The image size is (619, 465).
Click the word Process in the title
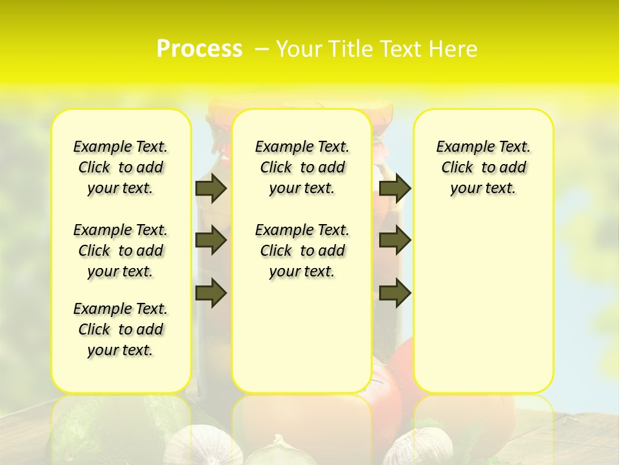pyautogui.click(x=199, y=49)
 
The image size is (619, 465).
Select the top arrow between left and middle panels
pyautogui.click(x=211, y=189)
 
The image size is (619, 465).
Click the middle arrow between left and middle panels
pyautogui.click(x=211, y=240)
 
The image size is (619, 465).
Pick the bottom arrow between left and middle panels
pyautogui.click(x=211, y=294)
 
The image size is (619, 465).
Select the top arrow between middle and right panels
pyautogui.click(x=395, y=189)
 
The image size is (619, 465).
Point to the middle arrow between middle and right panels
pyautogui.click(x=395, y=240)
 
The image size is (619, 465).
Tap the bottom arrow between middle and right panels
pyautogui.click(x=395, y=294)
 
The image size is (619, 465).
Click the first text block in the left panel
pyautogui.click(x=121, y=167)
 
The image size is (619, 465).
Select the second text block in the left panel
pyautogui.click(x=121, y=251)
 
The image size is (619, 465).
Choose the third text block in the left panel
pyautogui.click(x=121, y=329)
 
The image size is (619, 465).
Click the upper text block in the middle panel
pyautogui.click(x=302, y=167)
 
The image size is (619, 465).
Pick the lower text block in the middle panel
pyautogui.click(x=302, y=251)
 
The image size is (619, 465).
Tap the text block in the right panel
pyautogui.click(x=483, y=167)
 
